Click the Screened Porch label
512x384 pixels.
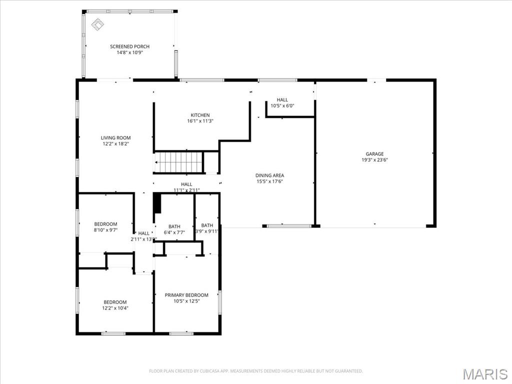point(129,46)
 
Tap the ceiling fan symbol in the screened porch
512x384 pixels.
point(97,24)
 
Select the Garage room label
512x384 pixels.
point(374,154)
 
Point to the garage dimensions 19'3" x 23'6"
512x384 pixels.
point(374,160)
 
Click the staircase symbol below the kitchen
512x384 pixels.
point(178,162)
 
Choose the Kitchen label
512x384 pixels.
point(200,115)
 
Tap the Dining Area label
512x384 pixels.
point(269,175)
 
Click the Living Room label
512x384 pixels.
point(115,138)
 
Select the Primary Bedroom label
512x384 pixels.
point(186,295)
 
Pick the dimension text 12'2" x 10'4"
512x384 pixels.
point(115,308)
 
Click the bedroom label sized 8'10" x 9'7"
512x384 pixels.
point(105,224)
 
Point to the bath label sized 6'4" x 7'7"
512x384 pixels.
point(174,226)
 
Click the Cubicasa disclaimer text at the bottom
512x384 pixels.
point(256,371)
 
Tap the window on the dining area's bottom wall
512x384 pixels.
point(282,226)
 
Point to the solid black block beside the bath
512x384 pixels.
point(157,203)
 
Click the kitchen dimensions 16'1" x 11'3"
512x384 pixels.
point(200,121)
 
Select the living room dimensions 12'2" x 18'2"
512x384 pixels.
point(115,144)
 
